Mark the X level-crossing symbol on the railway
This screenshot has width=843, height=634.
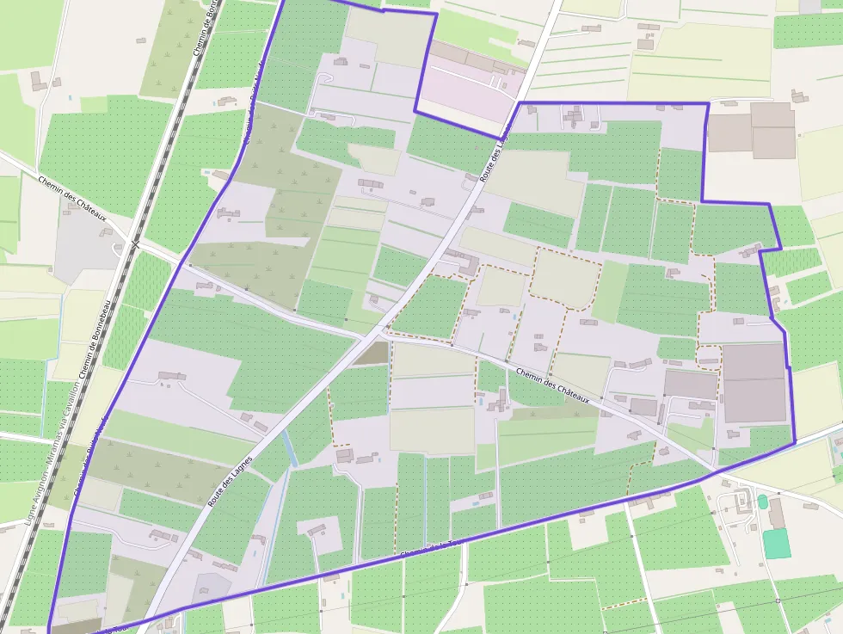[134, 245]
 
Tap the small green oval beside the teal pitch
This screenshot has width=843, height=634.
[762, 502]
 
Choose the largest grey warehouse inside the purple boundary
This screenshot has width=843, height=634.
[754, 383]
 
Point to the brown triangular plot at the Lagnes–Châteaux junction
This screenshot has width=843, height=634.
[371, 354]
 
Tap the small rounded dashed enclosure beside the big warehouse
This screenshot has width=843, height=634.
[708, 356]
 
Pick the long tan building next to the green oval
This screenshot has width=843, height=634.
[777, 514]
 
